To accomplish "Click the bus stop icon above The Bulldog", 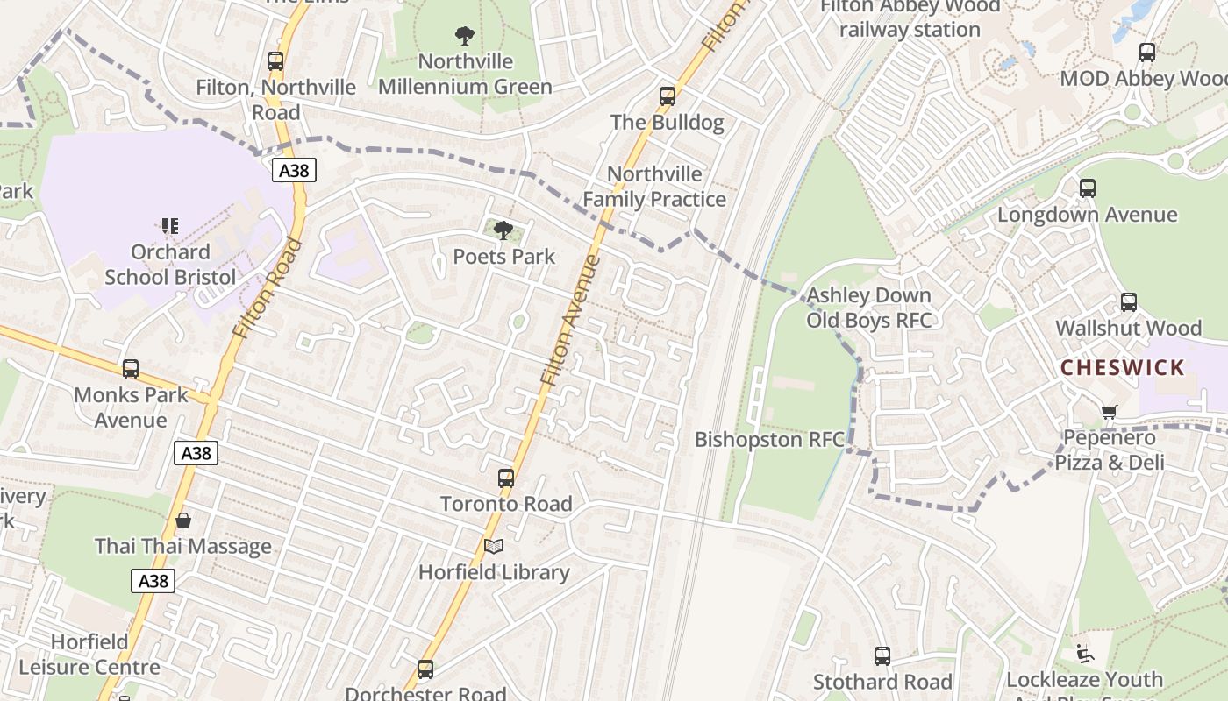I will (668, 96).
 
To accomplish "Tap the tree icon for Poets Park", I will (503, 230).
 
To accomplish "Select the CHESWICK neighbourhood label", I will (1122, 367).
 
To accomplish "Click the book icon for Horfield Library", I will (494, 547).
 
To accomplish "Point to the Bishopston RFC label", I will (769, 439).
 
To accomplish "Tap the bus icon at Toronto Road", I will (506, 478).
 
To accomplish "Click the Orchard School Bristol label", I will (170, 265).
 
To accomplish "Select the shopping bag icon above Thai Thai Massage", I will (183, 520).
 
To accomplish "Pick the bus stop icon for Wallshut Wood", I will (1129, 302).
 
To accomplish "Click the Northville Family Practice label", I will (654, 187).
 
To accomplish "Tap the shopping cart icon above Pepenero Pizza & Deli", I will (1110, 412).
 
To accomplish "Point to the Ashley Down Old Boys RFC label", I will (868, 308).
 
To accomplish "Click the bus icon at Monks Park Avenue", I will (131, 369).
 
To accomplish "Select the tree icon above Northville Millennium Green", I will (465, 36).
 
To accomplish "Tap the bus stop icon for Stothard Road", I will (882, 656).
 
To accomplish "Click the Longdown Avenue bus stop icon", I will (1088, 188).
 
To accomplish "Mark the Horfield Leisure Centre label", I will (89, 655).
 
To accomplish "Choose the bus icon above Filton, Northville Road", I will (275, 61).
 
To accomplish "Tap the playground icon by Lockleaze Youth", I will (1085, 654).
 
